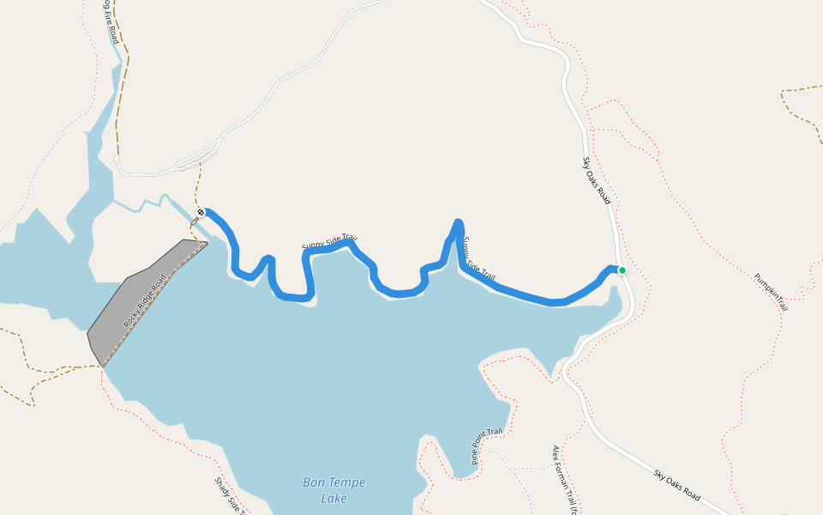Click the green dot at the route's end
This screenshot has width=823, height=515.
point(622,270)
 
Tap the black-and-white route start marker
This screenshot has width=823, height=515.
point(201,212)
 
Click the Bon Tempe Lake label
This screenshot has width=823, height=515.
point(333,490)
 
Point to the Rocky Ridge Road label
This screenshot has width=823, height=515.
point(145,300)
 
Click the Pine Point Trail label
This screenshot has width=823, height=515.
point(486,446)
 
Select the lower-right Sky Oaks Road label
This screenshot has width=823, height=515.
point(676,486)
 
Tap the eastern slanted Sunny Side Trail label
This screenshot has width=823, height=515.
point(478,260)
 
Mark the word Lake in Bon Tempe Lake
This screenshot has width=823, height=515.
point(333,499)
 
